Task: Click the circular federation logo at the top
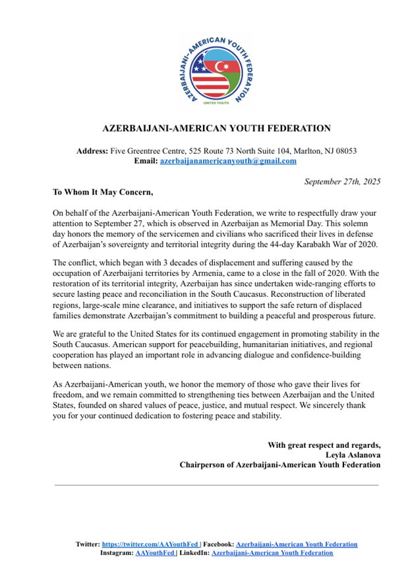[x=204, y=71]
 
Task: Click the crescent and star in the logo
[x=217, y=66]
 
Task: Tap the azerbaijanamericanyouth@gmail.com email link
[x=228, y=160]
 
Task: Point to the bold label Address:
[x=92, y=150]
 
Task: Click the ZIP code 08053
[x=343, y=150]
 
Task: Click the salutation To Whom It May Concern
[x=103, y=193]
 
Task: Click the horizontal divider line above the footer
[x=216, y=485]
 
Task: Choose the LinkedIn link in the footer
[x=272, y=553]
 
